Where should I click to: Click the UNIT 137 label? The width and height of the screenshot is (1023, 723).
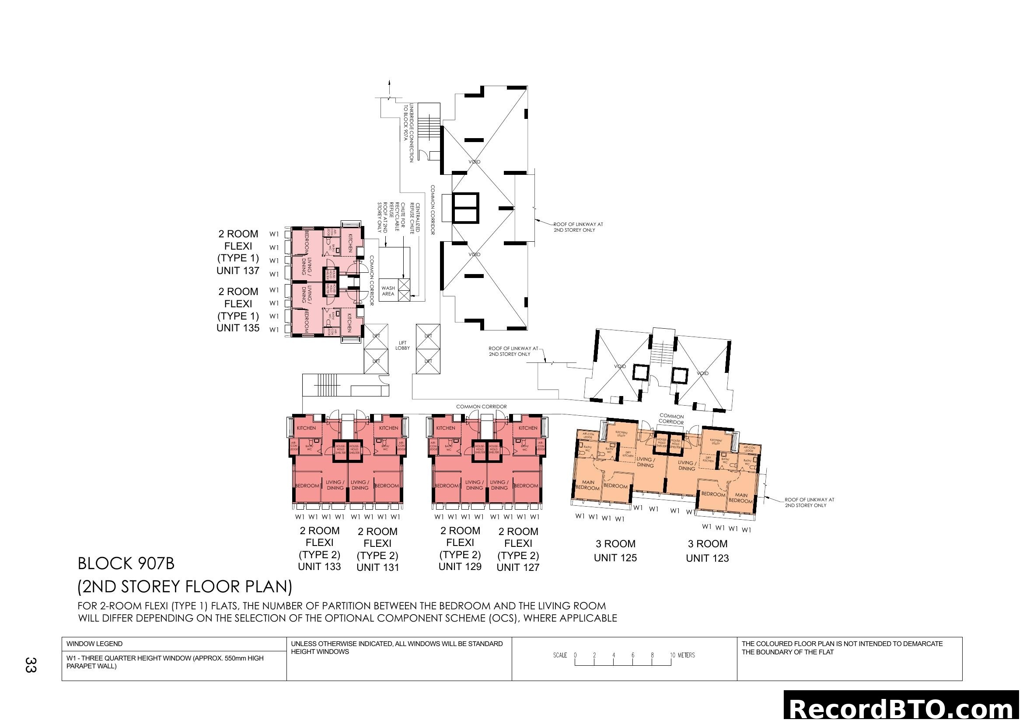coord(237,271)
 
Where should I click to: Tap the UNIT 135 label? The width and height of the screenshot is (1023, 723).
coord(237,328)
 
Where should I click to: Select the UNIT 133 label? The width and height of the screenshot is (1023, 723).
coord(319,567)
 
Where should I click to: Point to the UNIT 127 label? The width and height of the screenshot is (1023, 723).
coord(518,568)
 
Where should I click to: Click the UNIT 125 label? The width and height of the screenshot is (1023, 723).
coord(615,558)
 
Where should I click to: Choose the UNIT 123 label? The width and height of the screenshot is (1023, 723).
coord(707,558)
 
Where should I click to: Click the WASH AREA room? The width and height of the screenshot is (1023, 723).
coord(388,291)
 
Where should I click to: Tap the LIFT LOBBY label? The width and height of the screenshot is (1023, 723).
coord(402,345)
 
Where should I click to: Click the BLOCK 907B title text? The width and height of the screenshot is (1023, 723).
coord(126,563)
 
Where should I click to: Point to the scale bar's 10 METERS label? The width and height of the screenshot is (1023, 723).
coord(683,655)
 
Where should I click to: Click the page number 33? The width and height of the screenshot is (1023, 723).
coord(30,665)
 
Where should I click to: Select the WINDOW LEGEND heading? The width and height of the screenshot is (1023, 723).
coord(94,644)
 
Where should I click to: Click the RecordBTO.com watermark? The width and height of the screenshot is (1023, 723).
coord(903,708)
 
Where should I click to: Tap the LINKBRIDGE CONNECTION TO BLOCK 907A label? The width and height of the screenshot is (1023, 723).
coord(409,133)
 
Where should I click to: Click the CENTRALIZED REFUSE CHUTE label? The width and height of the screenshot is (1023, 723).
coord(415,218)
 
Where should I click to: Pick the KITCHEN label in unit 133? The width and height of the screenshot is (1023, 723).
coord(306,428)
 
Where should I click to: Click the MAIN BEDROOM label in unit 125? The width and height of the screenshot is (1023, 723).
coord(588,485)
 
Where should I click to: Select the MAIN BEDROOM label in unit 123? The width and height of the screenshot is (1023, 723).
coord(740,498)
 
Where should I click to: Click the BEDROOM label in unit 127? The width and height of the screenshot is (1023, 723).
coord(526,486)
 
